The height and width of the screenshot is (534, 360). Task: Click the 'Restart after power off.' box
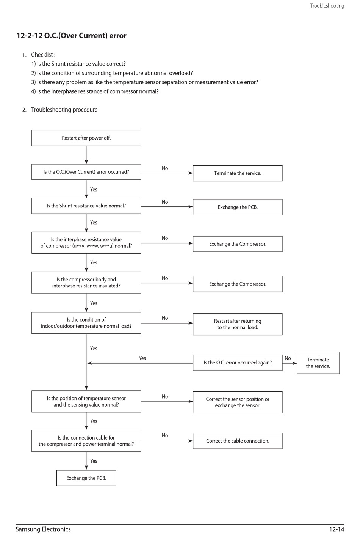point(86,138)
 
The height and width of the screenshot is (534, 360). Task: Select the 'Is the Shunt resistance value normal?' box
point(86,206)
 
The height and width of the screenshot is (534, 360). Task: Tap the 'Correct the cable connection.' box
point(238,441)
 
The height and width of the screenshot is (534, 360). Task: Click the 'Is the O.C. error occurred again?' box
point(238,363)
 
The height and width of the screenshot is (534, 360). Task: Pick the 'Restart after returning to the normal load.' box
point(238,324)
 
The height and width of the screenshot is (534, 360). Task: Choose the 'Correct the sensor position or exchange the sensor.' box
point(238,402)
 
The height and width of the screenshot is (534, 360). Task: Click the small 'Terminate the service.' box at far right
point(318,363)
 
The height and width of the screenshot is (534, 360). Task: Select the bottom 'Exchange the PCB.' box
point(86,478)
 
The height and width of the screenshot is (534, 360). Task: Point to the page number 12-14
point(337,529)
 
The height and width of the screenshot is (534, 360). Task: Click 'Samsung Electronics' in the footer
point(43,529)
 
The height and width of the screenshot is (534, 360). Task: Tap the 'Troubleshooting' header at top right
point(327,6)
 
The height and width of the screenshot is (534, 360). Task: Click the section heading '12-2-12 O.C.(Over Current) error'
point(72,36)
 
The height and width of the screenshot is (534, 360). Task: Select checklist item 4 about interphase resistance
point(95,91)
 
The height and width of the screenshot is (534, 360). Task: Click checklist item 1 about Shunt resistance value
point(78,64)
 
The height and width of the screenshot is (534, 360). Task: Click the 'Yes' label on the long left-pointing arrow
point(142,358)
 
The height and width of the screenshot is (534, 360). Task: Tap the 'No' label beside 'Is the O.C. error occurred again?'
point(288,358)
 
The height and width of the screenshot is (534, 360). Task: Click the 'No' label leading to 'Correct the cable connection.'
point(165,435)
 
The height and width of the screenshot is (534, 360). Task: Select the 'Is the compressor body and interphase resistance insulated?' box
point(86,283)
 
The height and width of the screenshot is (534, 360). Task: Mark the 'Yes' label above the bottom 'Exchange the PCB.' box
point(94,461)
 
